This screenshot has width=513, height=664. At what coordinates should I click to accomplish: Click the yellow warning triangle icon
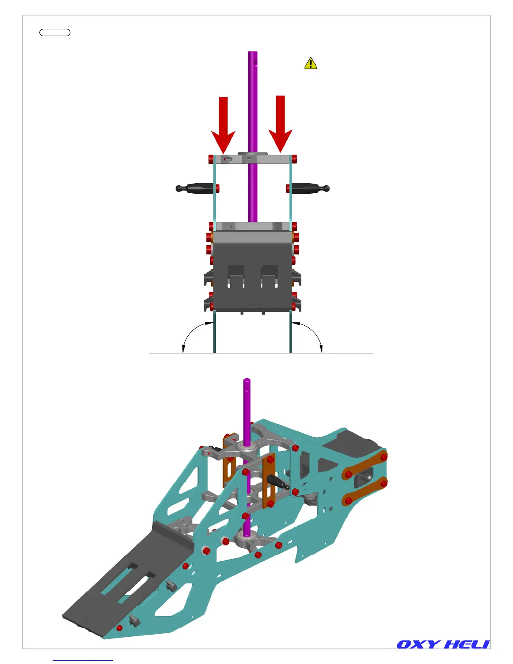click(311, 64)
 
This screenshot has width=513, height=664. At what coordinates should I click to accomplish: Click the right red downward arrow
click(280, 124)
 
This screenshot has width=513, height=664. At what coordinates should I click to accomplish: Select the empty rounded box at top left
click(54, 32)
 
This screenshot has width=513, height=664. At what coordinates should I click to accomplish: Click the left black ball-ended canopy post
click(196, 188)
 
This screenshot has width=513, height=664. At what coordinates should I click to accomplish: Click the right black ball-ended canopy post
click(309, 188)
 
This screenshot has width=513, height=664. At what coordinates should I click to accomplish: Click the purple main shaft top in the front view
click(252, 54)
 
